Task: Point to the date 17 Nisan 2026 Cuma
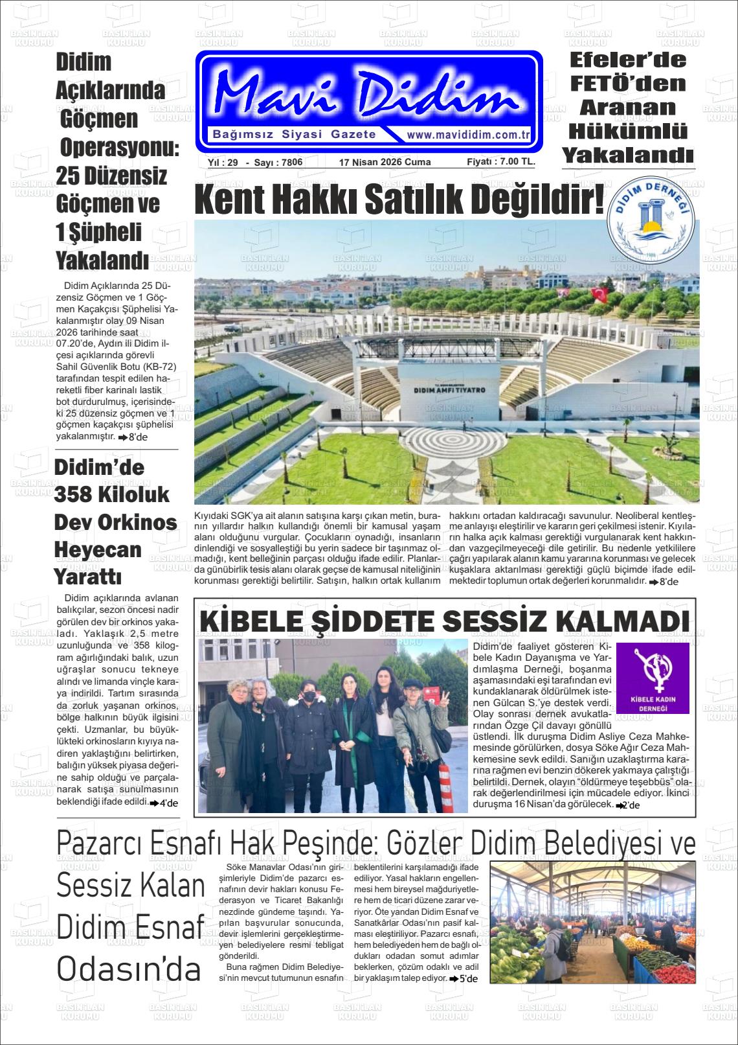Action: click(385, 163)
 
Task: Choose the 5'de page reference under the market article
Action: click(464, 978)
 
